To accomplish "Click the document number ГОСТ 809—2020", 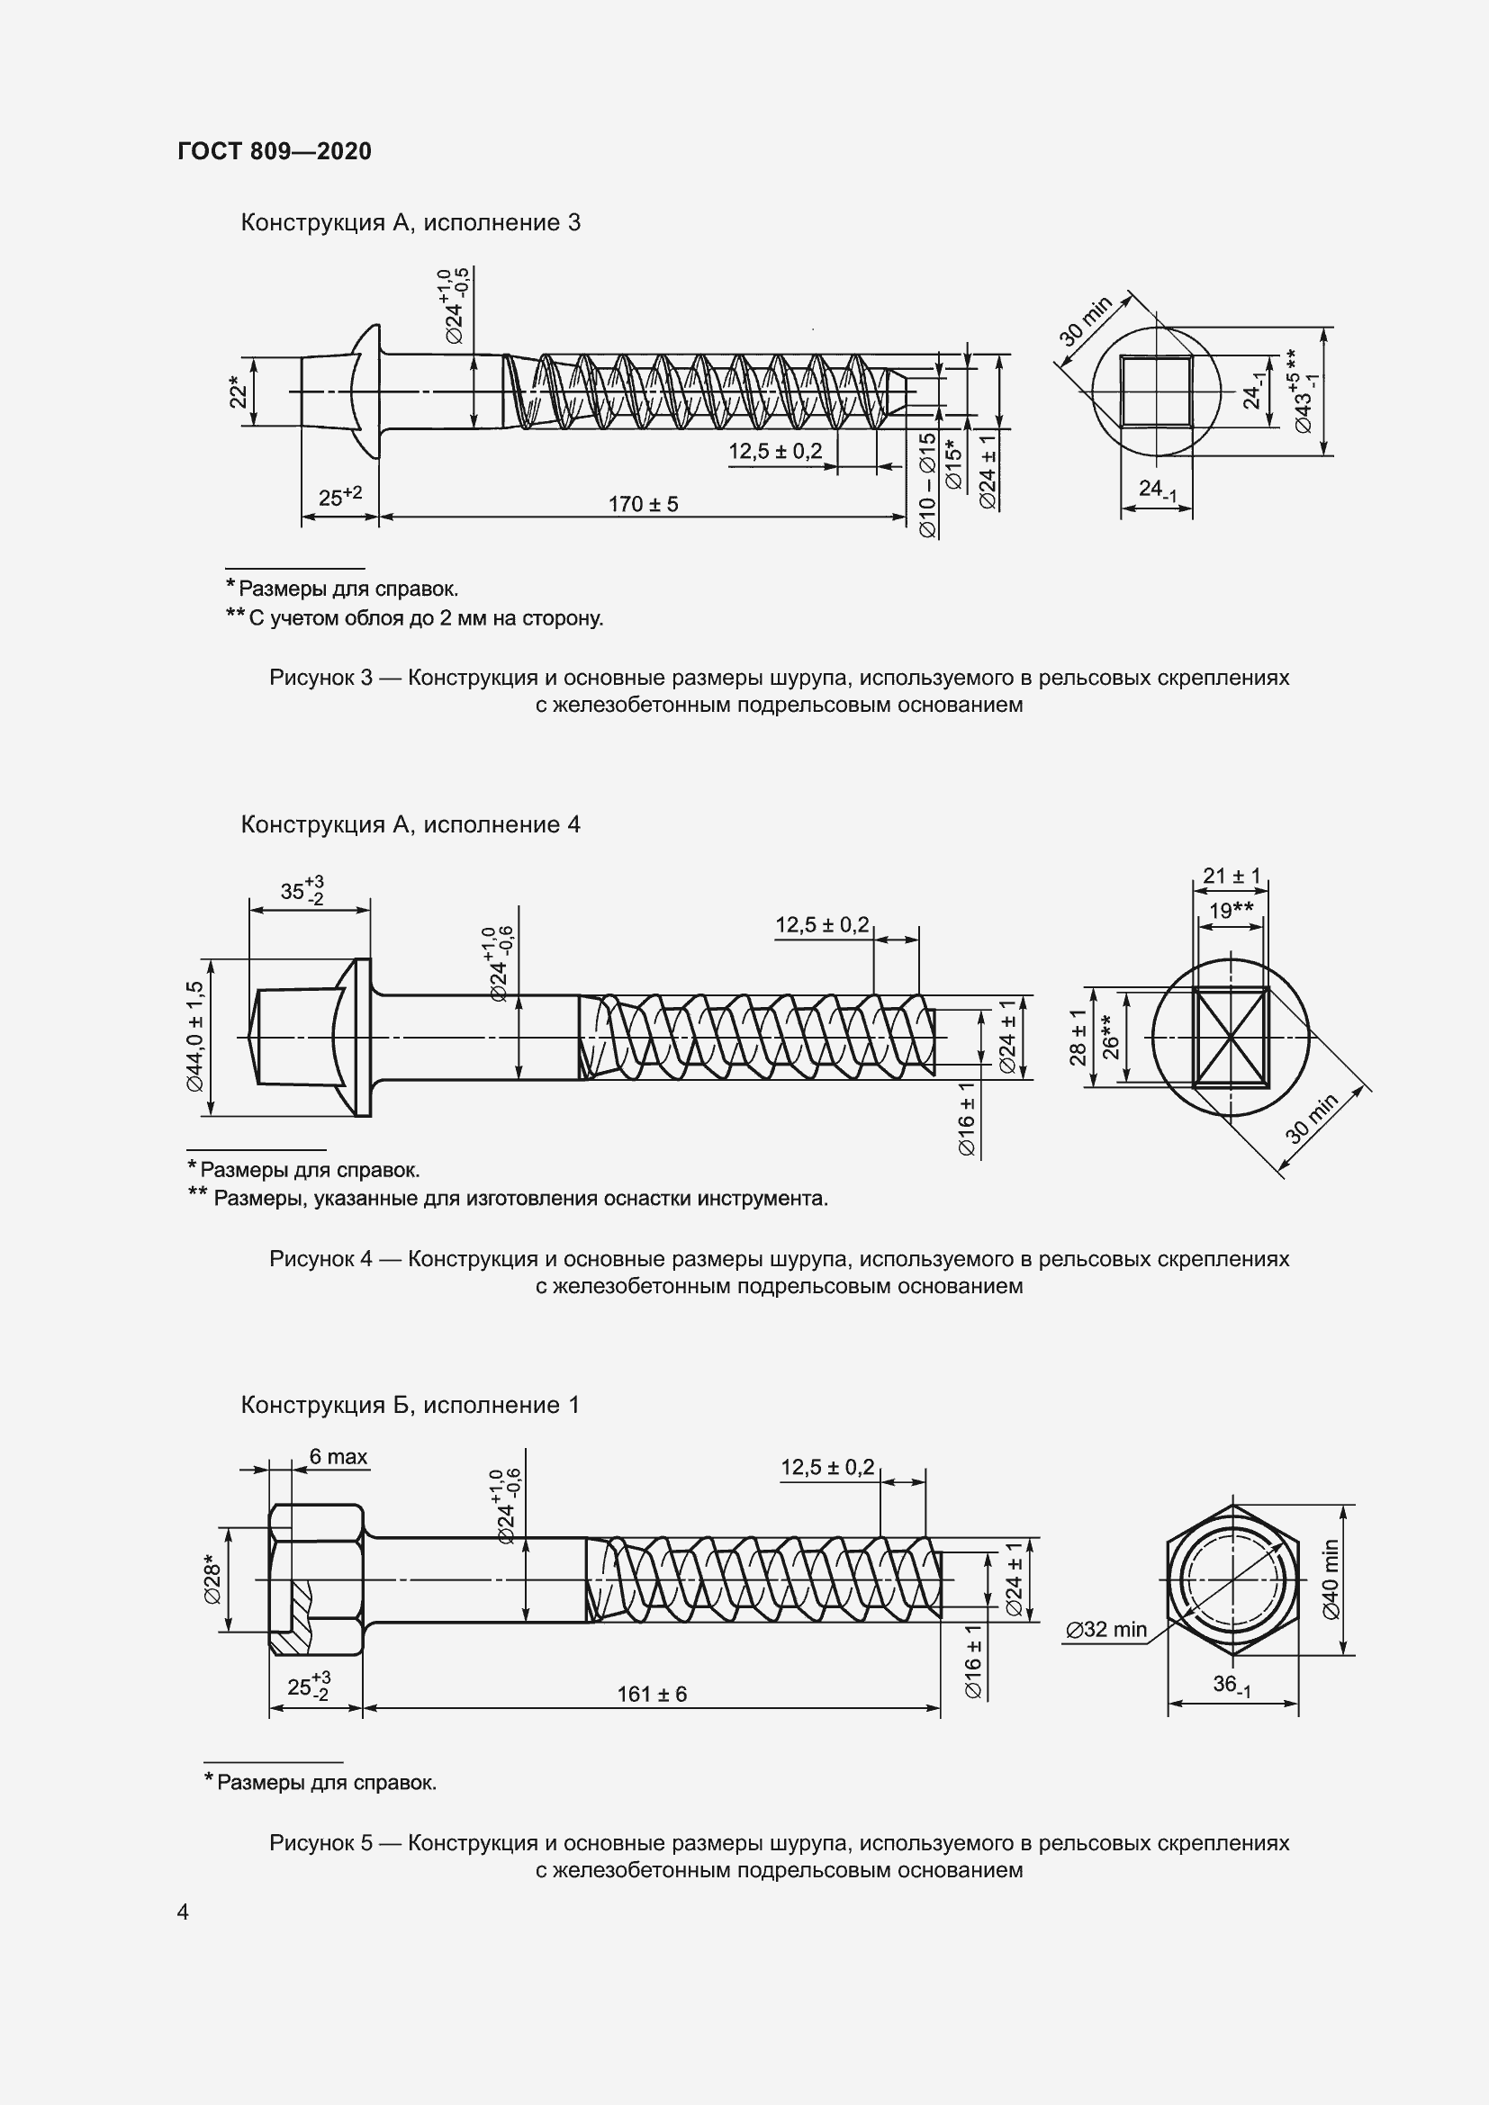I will pos(275,151).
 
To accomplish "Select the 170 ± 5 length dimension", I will pos(643,504).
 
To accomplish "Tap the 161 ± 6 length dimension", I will pos(651,1695).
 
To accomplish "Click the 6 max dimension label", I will pos(338,1457).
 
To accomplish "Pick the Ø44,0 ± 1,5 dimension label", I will pos(194,1037).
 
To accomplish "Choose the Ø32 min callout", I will pos(1106,1629).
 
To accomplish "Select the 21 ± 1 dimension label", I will pos(1232,876).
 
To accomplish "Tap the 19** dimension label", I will pos(1231,911).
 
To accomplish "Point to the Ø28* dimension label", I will pos(212,1579).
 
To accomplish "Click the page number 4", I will pos(183,1912).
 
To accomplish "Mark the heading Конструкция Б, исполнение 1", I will pos(410,1406).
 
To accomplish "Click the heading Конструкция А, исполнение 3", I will pos(410,223).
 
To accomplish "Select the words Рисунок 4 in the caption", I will pos(320,1259).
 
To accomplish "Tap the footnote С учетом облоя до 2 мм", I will pos(424,618).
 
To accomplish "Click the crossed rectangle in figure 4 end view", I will pos(1232,1037).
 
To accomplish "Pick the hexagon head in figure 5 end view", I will pos(1232,1579).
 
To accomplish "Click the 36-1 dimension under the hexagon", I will pos(1232,1684).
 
